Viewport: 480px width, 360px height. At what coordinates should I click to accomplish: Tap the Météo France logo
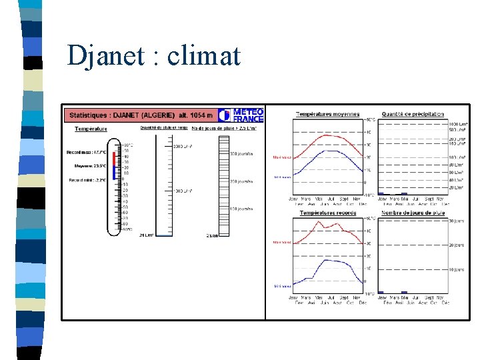click(241, 115)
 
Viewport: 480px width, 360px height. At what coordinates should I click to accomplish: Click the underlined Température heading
click(91, 129)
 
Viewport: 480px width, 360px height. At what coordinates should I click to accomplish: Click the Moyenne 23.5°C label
click(90, 166)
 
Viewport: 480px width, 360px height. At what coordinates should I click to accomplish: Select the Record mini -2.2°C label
click(87, 180)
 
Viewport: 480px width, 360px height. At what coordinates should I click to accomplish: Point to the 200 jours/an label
click(241, 181)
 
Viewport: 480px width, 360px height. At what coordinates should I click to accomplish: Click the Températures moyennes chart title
click(327, 114)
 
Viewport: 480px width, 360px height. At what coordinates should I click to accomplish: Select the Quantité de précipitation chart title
click(413, 114)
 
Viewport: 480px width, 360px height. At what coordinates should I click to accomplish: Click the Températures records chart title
click(327, 213)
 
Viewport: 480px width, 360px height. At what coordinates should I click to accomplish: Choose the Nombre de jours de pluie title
click(413, 213)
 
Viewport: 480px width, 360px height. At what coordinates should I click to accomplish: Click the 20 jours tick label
click(455, 245)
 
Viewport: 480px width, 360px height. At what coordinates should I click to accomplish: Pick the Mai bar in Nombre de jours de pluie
click(403, 292)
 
